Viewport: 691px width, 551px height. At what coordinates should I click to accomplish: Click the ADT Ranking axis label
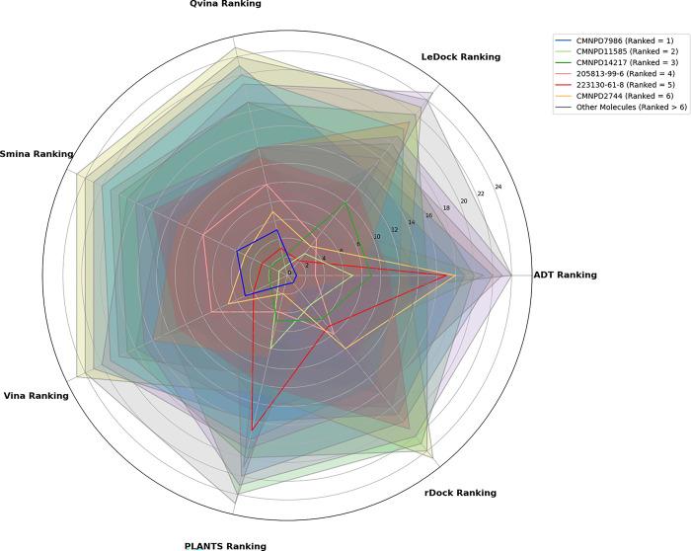click(565, 275)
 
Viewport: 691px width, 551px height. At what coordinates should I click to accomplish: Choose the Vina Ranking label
click(37, 396)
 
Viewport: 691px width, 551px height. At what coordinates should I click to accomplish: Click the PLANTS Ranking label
click(225, 545)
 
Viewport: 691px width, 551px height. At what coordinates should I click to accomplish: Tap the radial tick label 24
click(499, 187)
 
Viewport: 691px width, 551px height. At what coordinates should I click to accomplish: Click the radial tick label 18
click(445, 208)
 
